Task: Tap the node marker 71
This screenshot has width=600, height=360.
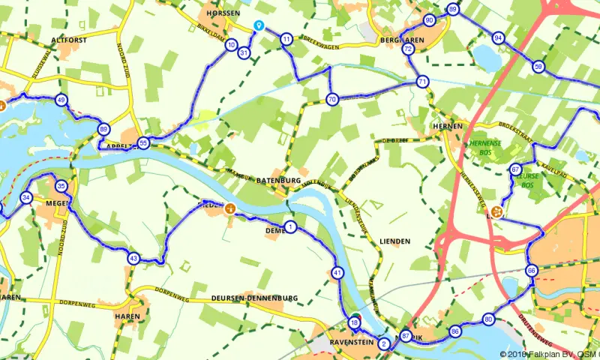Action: click(423, 82)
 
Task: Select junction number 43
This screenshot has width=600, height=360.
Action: click(133, 258)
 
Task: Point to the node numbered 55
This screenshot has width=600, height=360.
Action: click(143, 142)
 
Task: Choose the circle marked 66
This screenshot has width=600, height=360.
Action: click(531, 271)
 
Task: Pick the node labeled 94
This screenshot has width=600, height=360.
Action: click(499, 37)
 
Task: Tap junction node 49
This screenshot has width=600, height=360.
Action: click(61, 100)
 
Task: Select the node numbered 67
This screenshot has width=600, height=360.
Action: click(515, 169)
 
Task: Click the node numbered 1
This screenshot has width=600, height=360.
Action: click(290, 226)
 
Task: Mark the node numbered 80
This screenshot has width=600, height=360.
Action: click(488, 319)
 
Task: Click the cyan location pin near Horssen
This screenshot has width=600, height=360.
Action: click(259, 26)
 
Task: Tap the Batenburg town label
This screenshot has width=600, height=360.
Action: click(278, 181)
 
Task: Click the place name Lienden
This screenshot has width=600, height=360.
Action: click(394, 241)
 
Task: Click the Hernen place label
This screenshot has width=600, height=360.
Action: click(448, 127)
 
